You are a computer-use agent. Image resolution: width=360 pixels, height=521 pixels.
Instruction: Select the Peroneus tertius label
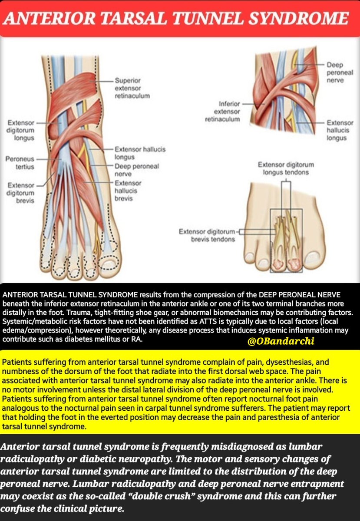point(20,163)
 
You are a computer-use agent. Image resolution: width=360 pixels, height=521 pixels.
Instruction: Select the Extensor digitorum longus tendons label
point(286,168)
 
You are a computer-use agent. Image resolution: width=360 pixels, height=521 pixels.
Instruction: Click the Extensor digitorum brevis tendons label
point(207,235)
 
